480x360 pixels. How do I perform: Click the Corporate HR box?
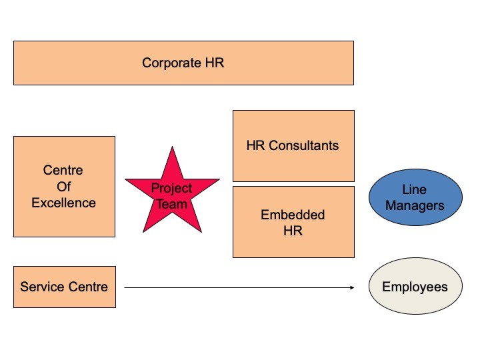tap(184, 63)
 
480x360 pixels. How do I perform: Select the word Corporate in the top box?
tap(171, 63)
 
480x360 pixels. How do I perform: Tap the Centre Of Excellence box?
tap(64, 187)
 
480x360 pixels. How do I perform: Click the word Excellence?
tap(64, 203)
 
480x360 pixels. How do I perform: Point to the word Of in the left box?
tap(64, 187)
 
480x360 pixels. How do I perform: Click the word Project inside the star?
tap(171, 188)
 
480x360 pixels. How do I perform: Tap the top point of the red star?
tap(173, 147)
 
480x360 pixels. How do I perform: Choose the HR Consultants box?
tap(293, 146)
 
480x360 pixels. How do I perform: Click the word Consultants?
tap(304, 146)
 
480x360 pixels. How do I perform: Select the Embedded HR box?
tap(293, 222)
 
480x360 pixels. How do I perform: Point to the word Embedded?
tap(293, 215)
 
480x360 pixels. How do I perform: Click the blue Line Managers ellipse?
tap(415, 197)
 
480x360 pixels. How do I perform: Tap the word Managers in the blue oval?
tap(415, 206)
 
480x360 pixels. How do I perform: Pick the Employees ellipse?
tap(415, 286)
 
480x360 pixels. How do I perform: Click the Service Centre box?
tap(65, 287)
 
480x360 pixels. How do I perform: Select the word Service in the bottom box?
tap(43, 287)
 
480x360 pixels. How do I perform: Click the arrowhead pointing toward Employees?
tap(353, 287)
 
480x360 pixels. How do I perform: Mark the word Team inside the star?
tap(172, 204)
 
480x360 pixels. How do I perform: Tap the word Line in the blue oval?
tap(414, 190)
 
